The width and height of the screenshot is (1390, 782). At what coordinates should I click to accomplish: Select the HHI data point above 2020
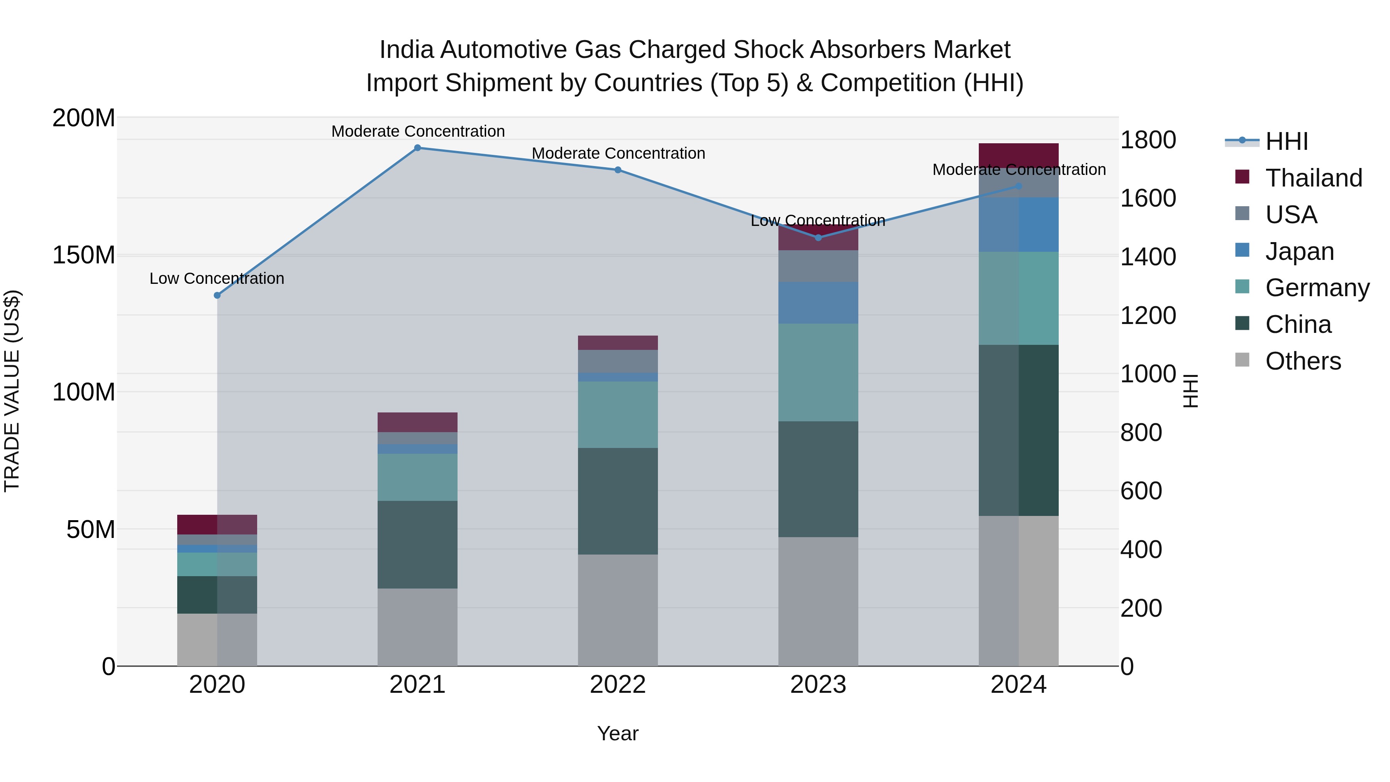click(217, 295)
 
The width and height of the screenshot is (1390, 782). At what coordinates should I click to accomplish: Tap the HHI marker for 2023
click(818, 237)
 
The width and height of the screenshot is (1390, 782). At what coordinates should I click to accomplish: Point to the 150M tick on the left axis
click(84, 255)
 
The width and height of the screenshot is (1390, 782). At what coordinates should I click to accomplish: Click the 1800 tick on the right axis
click(1148, 140)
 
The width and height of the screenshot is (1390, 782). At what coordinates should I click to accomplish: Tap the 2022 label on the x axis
click(618, 685)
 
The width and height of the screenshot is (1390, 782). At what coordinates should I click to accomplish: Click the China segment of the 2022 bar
click(618, 501)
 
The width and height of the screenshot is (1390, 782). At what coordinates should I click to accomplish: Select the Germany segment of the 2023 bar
click(818, 372)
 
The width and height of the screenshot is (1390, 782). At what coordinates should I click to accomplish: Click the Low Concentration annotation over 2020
click(217, 278)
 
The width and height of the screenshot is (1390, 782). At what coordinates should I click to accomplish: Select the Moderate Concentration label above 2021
click(418, 131)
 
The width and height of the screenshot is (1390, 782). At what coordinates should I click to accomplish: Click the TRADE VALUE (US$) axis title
click(12, 391)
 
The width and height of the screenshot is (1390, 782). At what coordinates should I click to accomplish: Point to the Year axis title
click(618, 733)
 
